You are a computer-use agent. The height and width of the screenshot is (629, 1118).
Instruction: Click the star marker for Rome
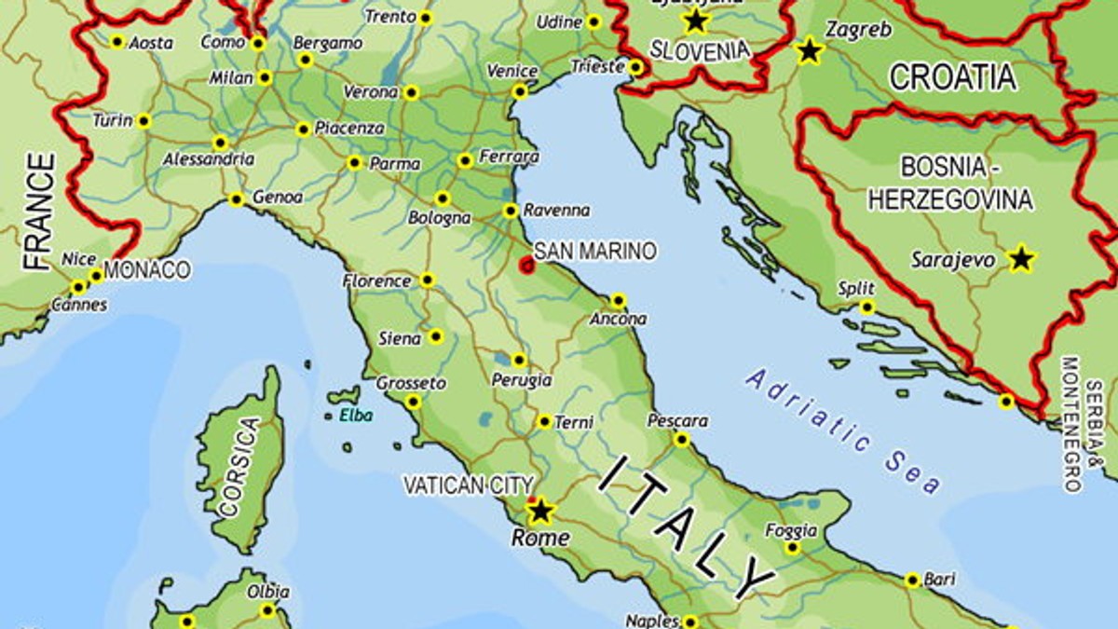(x=540, y=511)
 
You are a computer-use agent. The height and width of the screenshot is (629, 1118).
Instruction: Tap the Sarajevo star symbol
(x=1022, y=259)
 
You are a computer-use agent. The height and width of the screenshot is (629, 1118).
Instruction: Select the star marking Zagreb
(x=810, y=51)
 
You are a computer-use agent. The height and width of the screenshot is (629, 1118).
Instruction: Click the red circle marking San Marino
(x=527, y=265)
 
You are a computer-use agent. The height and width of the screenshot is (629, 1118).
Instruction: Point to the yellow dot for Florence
(x=427, y=280)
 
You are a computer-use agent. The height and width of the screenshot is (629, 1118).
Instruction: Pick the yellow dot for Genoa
(x=237, y=199)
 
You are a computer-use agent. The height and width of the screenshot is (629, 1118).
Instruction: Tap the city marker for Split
(x=867, y=308)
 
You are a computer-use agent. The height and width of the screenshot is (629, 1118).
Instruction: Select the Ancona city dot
(x=619, y=301)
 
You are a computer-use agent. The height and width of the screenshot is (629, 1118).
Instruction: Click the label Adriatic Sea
(x=843, y=431)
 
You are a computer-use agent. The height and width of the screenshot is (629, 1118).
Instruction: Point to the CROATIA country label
(x=952, y=77)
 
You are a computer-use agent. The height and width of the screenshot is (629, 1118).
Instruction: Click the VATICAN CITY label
(x=468, y=485)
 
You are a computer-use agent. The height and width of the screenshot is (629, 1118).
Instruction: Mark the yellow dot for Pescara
(x=682, y=440)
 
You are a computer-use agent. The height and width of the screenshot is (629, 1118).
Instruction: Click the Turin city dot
(x=143, y=121)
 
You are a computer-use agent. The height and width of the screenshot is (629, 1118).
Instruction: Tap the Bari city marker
(x=913, y=580)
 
